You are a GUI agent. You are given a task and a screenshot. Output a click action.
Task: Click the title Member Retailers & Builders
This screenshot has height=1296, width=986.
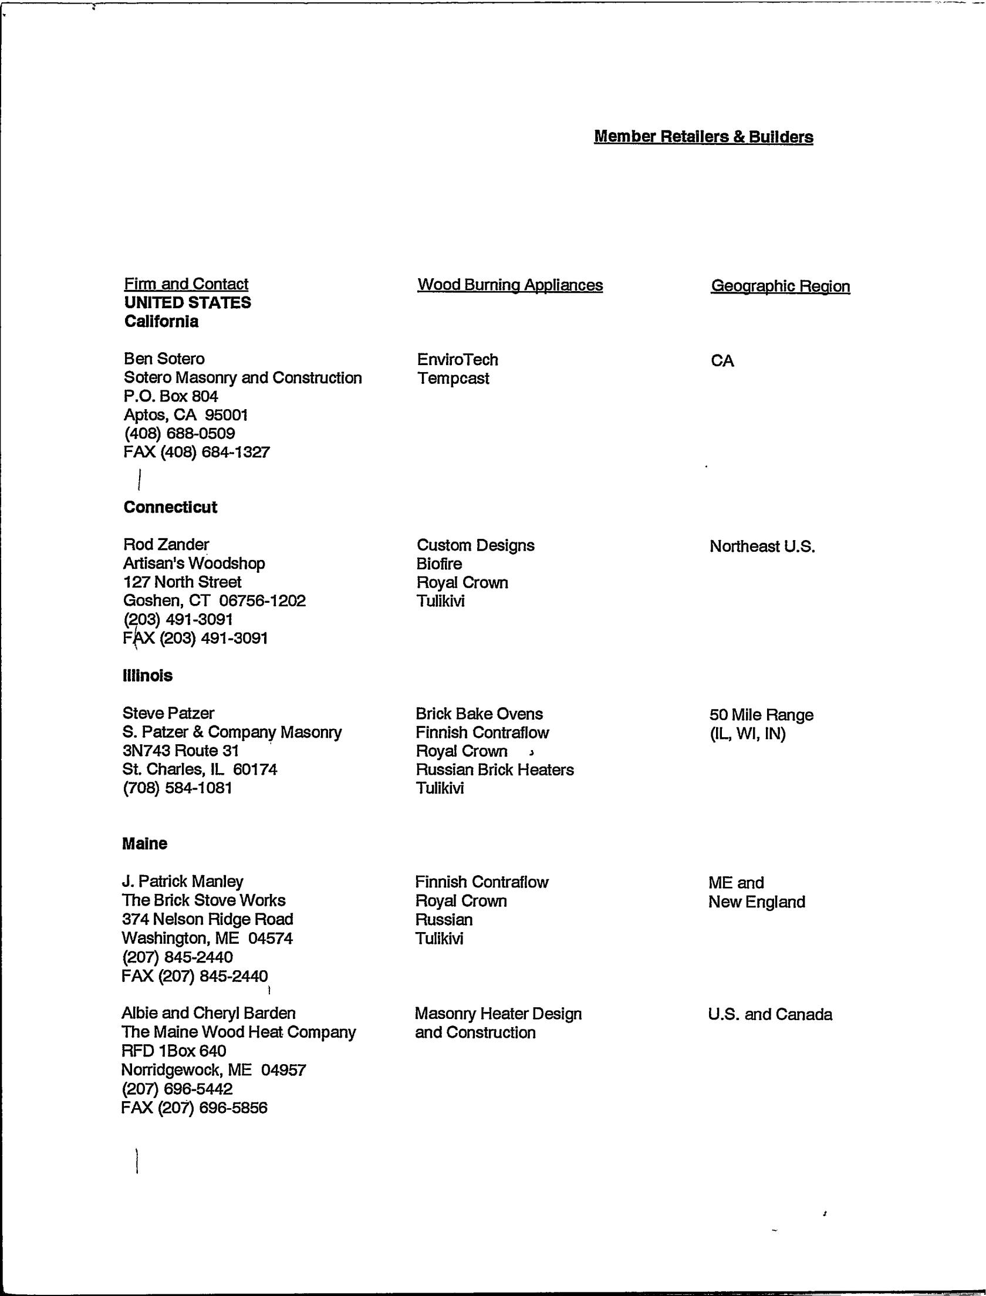(703, 137)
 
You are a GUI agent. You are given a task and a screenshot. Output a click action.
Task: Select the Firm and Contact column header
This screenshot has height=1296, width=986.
(186, 284)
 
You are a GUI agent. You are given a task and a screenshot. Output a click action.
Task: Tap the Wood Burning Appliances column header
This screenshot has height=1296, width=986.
(510, 285)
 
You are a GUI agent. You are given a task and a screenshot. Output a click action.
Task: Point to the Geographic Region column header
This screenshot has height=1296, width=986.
(780, 286)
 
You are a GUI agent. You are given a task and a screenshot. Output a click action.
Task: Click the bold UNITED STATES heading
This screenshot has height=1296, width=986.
(187, 303)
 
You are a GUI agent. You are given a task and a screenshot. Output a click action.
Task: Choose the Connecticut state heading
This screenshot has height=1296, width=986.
(170, 507)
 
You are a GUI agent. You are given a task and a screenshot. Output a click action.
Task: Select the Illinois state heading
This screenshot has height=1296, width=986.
(147, 676)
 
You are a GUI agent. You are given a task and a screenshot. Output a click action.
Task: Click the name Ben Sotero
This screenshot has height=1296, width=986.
(164, 359)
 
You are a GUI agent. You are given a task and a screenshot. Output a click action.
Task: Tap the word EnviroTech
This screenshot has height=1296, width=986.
(457, 359)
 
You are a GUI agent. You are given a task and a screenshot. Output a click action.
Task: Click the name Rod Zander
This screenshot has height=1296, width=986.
(166, 545)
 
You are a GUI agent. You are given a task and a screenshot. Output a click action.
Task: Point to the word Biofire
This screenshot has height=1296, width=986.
(439, 564)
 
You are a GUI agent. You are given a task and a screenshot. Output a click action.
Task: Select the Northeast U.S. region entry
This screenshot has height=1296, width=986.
(762, 546)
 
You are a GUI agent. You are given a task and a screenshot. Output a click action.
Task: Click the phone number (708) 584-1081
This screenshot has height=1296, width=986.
(177, 788)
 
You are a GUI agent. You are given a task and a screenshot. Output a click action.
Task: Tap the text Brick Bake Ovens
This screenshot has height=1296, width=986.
(479, 714)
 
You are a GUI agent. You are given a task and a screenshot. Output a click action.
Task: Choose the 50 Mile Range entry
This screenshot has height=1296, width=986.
(761, 715)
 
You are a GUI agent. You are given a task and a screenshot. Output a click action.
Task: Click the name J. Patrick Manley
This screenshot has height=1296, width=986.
(182, 882)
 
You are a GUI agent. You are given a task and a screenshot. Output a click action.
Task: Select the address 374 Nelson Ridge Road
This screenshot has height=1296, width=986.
(207, 919)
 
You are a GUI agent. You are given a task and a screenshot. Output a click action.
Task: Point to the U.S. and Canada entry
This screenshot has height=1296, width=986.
(770, 1014)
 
